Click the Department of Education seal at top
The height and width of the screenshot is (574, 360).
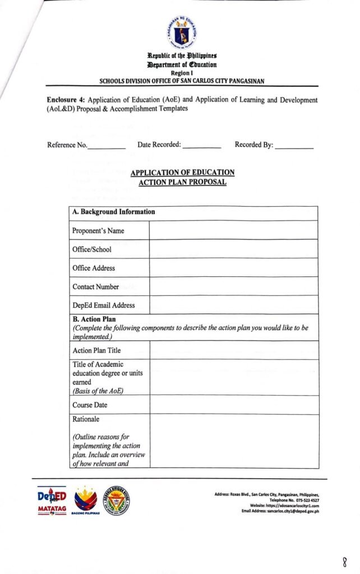click(x=179, y=33)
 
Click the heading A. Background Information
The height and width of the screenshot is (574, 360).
click(x=113, y=212)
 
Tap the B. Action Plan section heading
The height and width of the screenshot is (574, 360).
click(x=94, y=319)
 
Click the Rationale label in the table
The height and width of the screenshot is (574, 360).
click(x=86, y=418)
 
